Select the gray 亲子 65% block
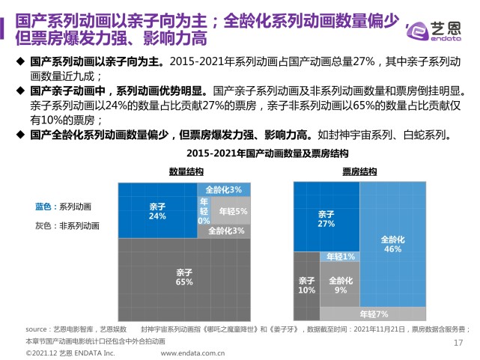click(183, 277)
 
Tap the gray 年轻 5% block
click(233, 212)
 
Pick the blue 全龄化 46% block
click(392, 244)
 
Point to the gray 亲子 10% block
click(306, 284)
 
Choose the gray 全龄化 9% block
click(340, 284)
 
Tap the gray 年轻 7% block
click(373, 314)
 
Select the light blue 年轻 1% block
click(339, 257)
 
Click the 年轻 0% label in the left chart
click(204, 211)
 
